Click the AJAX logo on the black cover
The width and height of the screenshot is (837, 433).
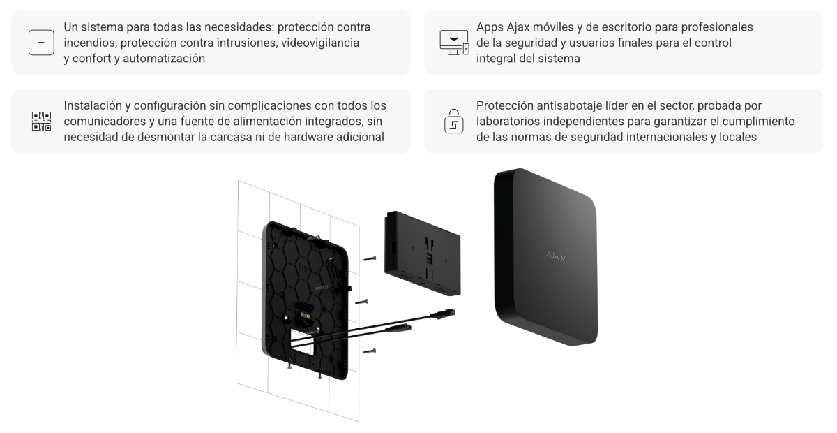(x=556, y=257)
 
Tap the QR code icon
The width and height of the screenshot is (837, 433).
(x=41, y=122)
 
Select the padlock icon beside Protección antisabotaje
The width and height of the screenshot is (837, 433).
(x=453, y=122)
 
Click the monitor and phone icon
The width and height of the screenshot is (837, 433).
(x=454, y=43)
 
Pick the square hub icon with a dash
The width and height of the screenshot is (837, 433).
(x=41, y=43)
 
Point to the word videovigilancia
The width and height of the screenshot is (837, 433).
(x=320, y=43)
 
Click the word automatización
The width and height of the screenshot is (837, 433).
(x=164, y=59)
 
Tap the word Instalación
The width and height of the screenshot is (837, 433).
(x=93, y=106)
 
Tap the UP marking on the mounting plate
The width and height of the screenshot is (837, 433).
(x=304, y=268)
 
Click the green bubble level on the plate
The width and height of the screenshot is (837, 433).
(x=306, y=316)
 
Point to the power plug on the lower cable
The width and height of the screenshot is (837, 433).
(x=398, y=328)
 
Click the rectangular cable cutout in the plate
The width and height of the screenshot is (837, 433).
(x=301, y=340)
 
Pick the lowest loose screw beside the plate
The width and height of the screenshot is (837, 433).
(x=370, y=351)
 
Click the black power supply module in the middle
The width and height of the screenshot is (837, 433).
(x=422, y=254)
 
